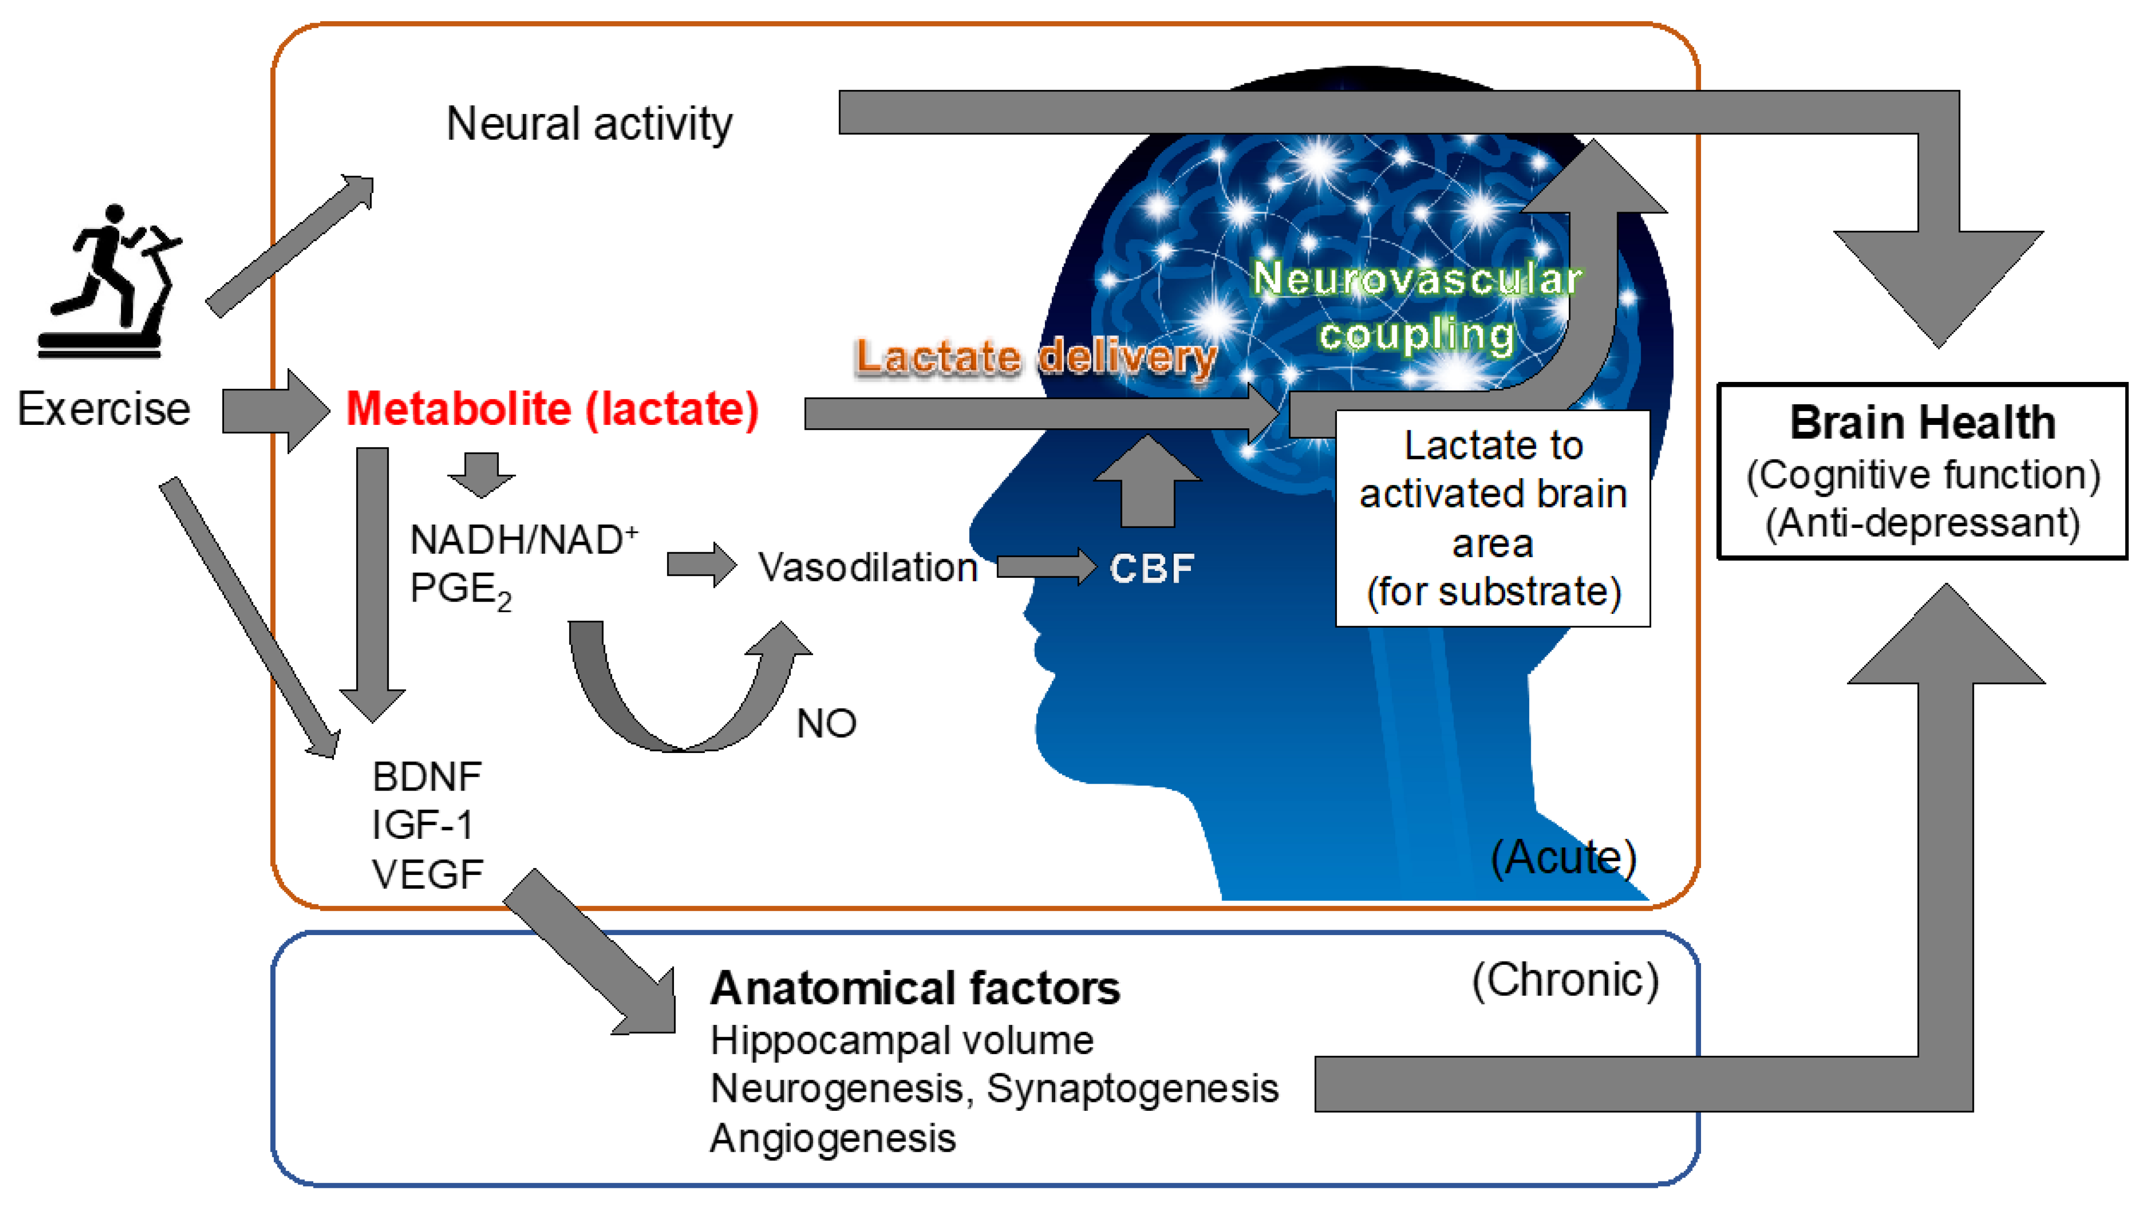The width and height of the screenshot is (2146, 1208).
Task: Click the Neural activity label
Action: point(589,124)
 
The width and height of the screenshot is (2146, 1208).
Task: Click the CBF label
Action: point(1152,569)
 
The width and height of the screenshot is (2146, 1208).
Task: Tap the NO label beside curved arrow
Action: point(825,723)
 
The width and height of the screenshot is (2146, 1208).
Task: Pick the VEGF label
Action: point(427,875)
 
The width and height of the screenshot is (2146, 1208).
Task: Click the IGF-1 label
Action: point(422,826)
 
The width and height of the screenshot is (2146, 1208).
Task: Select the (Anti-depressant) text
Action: point(1923,523)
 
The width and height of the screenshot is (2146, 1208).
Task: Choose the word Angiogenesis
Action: point(833,1138)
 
